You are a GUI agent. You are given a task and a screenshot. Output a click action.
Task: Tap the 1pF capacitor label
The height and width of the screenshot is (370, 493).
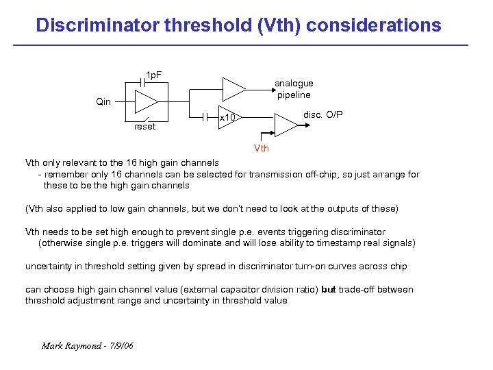pos(153,74)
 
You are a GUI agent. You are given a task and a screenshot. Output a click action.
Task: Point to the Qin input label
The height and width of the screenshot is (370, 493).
pos(103,101)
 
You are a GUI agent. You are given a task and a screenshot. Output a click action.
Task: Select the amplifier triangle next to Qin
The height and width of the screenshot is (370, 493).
pos(146,102)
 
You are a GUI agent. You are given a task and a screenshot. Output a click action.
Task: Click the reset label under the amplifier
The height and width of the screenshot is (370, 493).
pos(144,127)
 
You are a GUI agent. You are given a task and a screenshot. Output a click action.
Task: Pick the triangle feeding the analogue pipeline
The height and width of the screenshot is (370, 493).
pos(233,88)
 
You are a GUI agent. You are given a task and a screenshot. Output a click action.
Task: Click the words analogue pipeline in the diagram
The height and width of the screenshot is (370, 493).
pos(294,89)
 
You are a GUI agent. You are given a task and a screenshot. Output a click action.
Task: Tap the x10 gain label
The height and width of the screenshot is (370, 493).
pos(227,119)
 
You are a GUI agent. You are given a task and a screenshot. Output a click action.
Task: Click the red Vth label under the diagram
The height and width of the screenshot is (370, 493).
pos(262,148)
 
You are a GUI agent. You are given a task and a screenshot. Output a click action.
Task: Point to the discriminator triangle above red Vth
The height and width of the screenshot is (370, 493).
pos(284,124)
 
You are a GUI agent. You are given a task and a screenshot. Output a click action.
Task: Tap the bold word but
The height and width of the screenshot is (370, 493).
pos(328,290)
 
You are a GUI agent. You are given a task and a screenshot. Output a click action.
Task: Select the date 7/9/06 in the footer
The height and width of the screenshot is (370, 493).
pos(121,345)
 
